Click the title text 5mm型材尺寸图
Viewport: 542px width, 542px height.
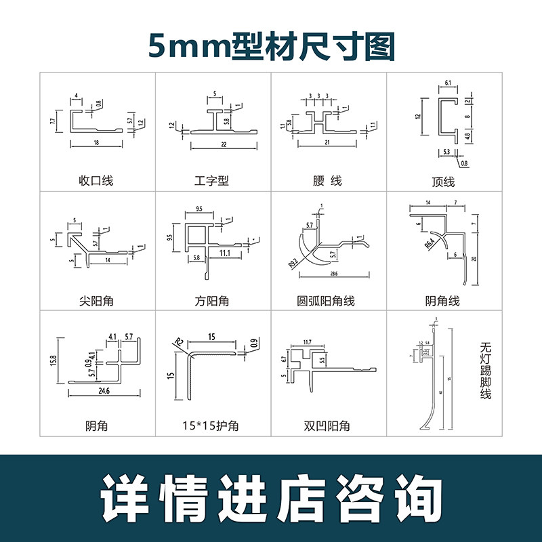pos(271,47)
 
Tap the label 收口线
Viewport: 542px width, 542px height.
pos(96,181)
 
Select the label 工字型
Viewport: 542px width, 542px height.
pos(211,181)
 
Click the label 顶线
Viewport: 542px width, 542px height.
pos(443,182)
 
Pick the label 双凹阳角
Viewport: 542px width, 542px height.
pos(328,425)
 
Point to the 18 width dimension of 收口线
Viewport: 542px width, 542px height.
pos(97,144)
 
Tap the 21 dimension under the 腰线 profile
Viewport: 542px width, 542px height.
pos(328,143)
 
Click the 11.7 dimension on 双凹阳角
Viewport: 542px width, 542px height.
pos(307,342)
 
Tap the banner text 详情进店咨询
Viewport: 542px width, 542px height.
pos(271,499)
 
